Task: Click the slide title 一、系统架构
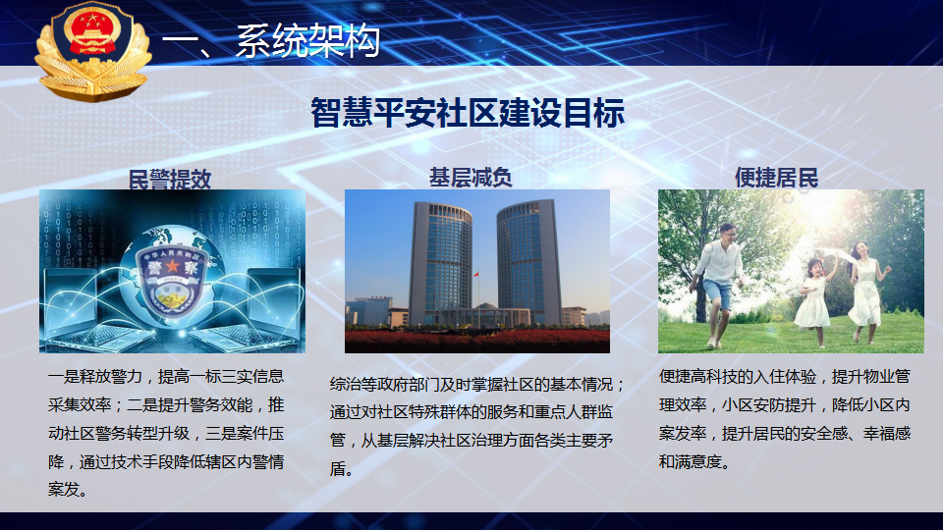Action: [x=271, y=41]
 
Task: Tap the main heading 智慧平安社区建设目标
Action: [x=468, y=112]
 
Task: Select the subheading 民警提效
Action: [x=170, y=179]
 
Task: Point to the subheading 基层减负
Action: [x=471, y=178]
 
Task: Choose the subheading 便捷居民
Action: [x=776, y=178]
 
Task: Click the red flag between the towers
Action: [x=476, y=275]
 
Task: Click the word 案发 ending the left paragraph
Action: [x=64, y=490]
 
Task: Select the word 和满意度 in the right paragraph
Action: [x=690, y=461]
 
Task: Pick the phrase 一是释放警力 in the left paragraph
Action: [x=95, y=376]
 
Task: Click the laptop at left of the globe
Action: [x=79, y=309]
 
